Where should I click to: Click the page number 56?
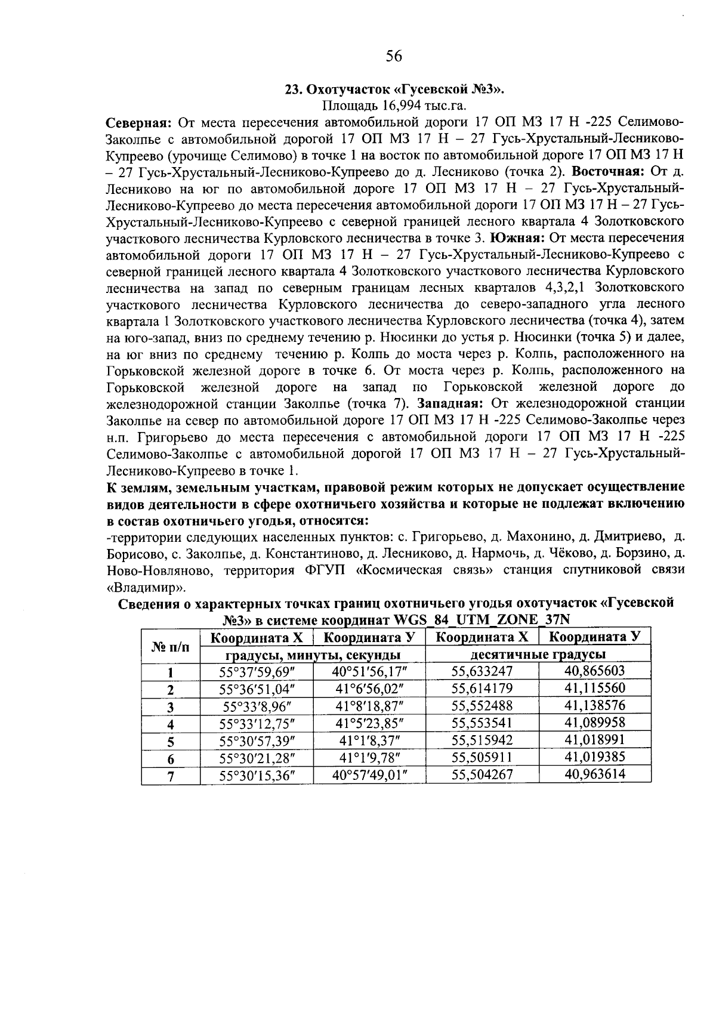[394, 56]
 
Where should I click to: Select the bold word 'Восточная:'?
[614, 172]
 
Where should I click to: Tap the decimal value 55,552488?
[482, 705]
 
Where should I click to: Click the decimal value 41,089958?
[594, 723]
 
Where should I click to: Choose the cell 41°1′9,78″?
[369, 758]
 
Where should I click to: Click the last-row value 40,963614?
[594, 775]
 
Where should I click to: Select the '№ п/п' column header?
[169, 646]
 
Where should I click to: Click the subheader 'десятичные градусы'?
[538, 655]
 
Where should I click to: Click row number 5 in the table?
[169, 741]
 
